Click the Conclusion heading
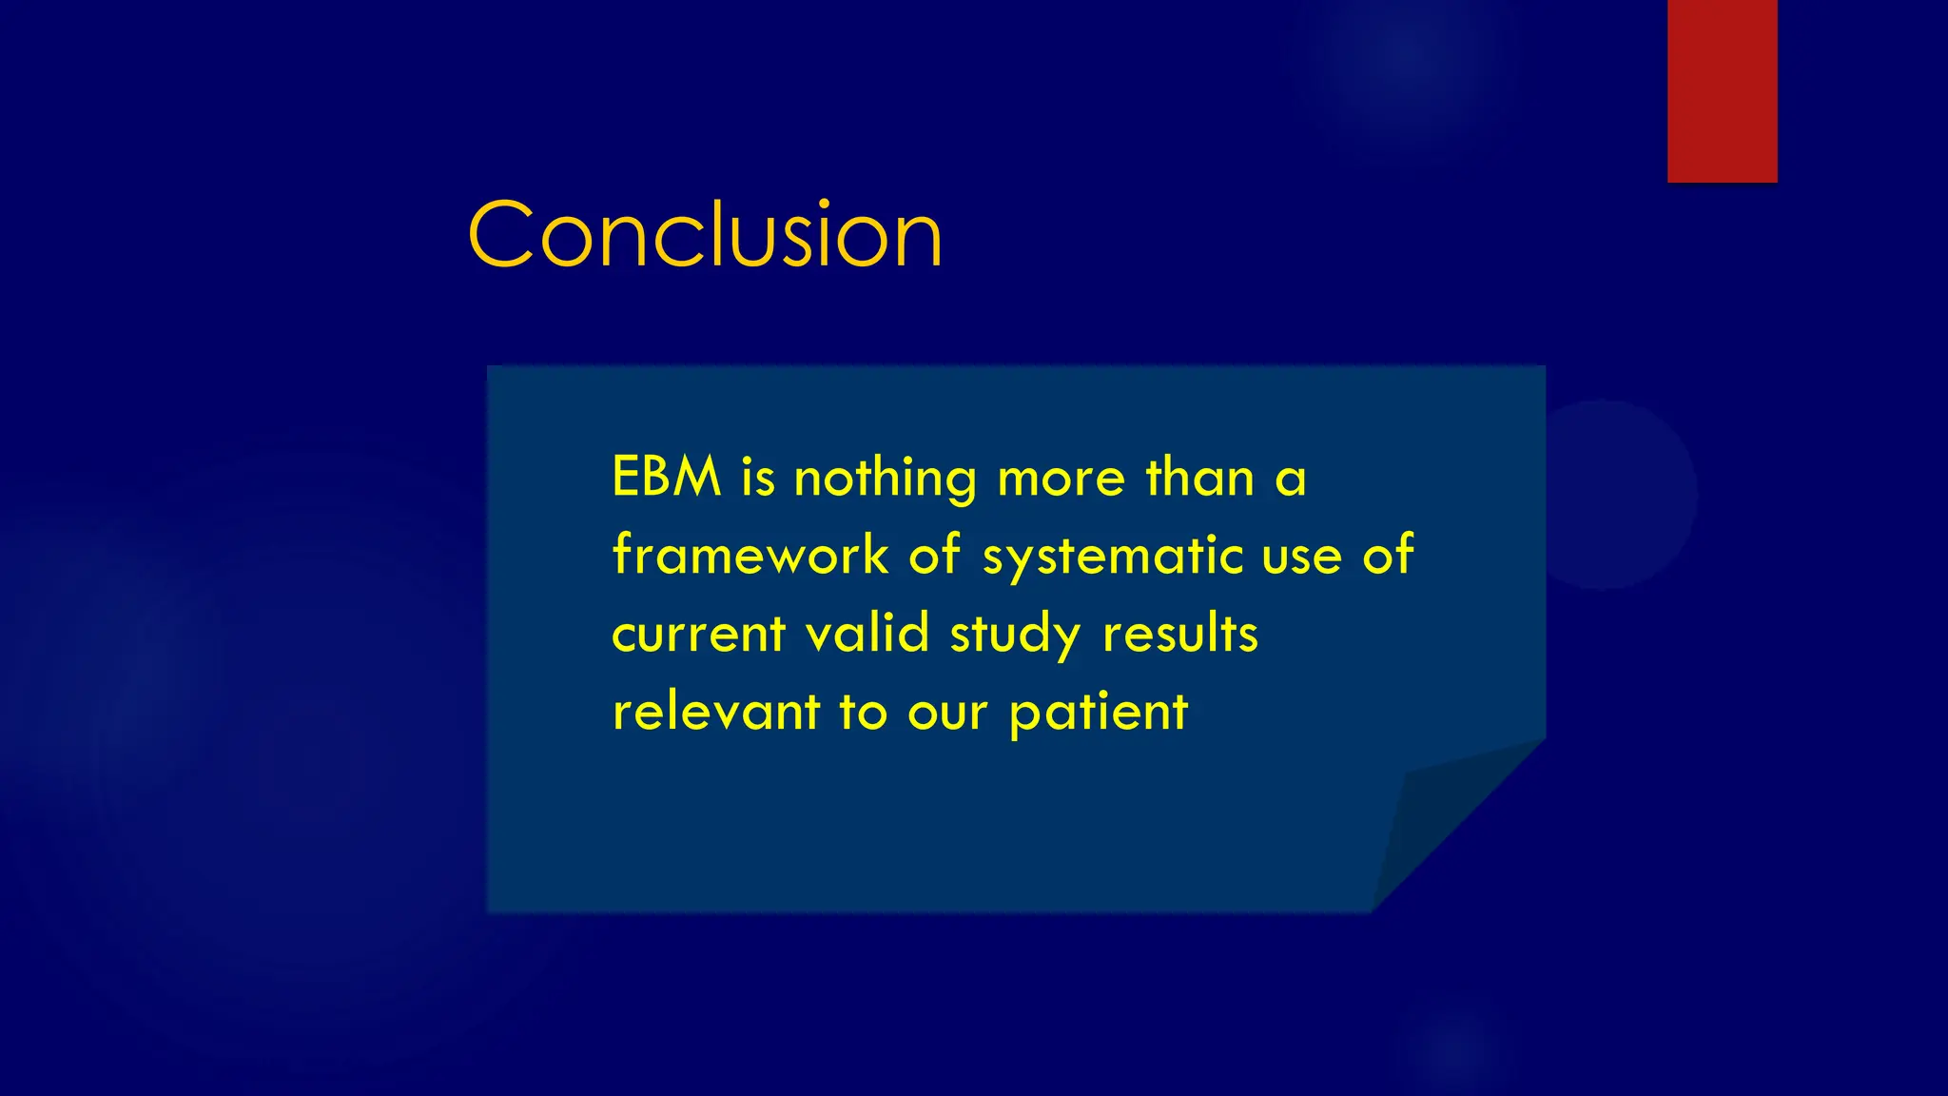[705, 234]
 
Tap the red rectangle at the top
[1722, 90]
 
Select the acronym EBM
[667, 477]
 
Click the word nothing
[885, 479]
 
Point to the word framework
[750, 555]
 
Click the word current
[699, 635]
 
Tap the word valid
[867, 633]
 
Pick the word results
[1180, 634]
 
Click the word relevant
[716, 712]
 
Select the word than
[1200, 477]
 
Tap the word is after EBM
[758, 477]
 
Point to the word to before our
[863, 712]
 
